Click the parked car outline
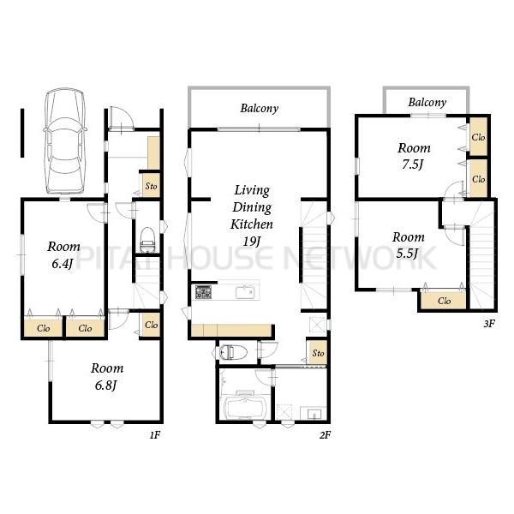tap(64, 141)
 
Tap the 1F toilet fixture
tap(147, 240)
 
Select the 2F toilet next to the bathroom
tap(230, 352)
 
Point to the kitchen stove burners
tap(204, 292)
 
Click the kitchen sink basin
tap(245, 292)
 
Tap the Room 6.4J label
tap(63, 254)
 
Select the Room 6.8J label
tap(107, 376)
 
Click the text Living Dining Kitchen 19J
tap(252, 215)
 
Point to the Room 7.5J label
tap(414, 156)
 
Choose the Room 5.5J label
tap(409, 245)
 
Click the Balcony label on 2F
tap(260, 108)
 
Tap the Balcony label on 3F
tap(427, 102)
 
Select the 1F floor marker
tap(155, 434)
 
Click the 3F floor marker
tap(489, 324)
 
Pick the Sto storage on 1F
tap(151, 186)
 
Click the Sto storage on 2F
tap(318, 353)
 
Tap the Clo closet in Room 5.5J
tap(444, 301)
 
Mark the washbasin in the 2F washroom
tap(314, 413)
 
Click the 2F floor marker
tap(325, 434)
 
